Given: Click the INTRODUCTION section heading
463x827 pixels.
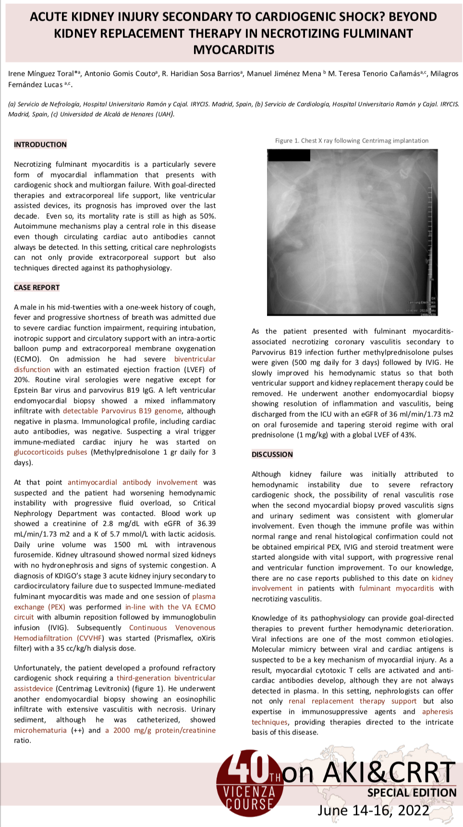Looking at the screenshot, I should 40,144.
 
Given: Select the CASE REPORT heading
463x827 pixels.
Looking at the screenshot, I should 37,287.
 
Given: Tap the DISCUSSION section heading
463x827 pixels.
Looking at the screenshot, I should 272,454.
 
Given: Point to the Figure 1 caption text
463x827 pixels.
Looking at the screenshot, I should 352,141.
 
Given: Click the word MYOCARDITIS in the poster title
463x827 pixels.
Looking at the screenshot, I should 234,50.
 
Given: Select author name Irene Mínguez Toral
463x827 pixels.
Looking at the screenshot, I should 40,73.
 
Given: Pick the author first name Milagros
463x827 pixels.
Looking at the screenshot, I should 444,73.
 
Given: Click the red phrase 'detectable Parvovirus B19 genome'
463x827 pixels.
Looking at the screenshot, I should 122,411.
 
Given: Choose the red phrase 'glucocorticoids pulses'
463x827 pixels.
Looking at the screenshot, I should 50,452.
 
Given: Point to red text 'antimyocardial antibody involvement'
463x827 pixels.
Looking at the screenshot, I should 133,482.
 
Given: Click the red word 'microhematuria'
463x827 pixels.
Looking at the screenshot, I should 40,730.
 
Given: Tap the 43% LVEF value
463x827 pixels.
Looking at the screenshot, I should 409,435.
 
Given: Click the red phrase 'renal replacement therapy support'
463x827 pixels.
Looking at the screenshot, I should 353,701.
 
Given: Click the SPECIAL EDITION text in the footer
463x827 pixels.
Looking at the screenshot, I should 412,792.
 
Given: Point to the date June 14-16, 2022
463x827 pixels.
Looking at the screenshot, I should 373,810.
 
